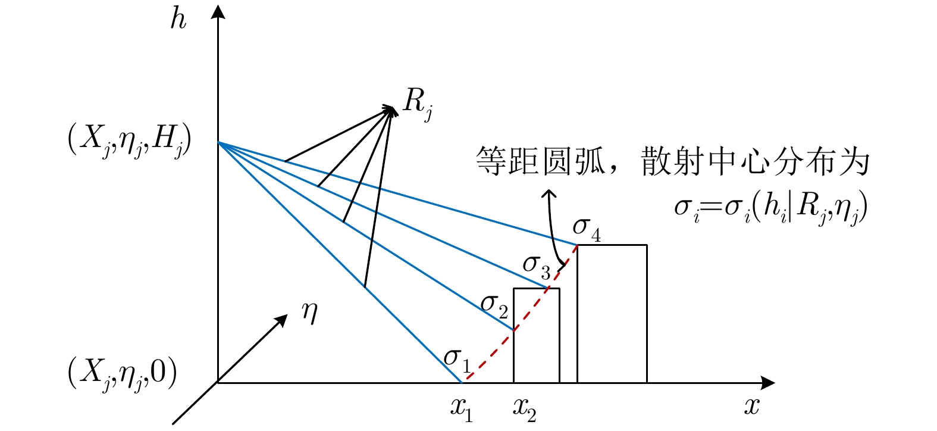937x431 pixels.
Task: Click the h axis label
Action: pyautogui.click(x=177, y=18)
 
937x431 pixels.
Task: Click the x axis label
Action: pyautogui.click(x=752, y=407)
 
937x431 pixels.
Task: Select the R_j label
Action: pyautogui.click(x=417, y=103)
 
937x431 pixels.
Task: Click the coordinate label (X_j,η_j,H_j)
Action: pyautogui.click(x=129, y=143)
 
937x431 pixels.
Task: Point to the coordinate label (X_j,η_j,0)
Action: pyautogui.click(x=123, y=374)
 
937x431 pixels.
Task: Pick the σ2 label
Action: pyautogui.click(x=494, y=305)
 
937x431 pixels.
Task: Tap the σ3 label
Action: pyautogui.click(x=536, y=266)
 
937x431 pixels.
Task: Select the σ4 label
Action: pyautogui.click(x=586, y=229)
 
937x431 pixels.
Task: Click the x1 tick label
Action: pyautogui.click(x=461, y=409)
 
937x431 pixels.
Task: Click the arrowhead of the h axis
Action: pyautogui.click(x=218, y=12)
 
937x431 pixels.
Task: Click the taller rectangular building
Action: pyautogui.click(x=612, y=314)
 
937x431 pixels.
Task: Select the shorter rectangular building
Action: pyautogui.click(x=536, y=335)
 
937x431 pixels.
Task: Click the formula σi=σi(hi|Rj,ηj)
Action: pyautogui.click(x=770, y=207)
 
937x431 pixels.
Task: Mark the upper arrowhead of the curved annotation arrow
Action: pyautogui.click(x=550, y=194)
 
